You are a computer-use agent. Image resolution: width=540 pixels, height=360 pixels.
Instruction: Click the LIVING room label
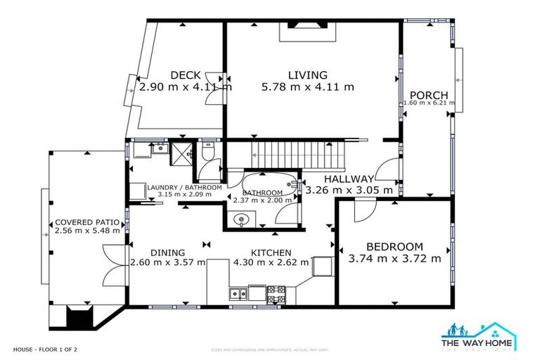[x=307, y=75]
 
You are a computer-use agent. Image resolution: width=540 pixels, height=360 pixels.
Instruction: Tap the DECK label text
[x=185, y=76]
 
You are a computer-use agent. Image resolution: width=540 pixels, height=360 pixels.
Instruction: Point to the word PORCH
[x=429, y=96]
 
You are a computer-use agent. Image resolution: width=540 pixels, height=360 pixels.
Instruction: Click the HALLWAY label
[x=349, y=179]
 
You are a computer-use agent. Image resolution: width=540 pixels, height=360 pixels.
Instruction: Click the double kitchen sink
[x=238, y=293]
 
